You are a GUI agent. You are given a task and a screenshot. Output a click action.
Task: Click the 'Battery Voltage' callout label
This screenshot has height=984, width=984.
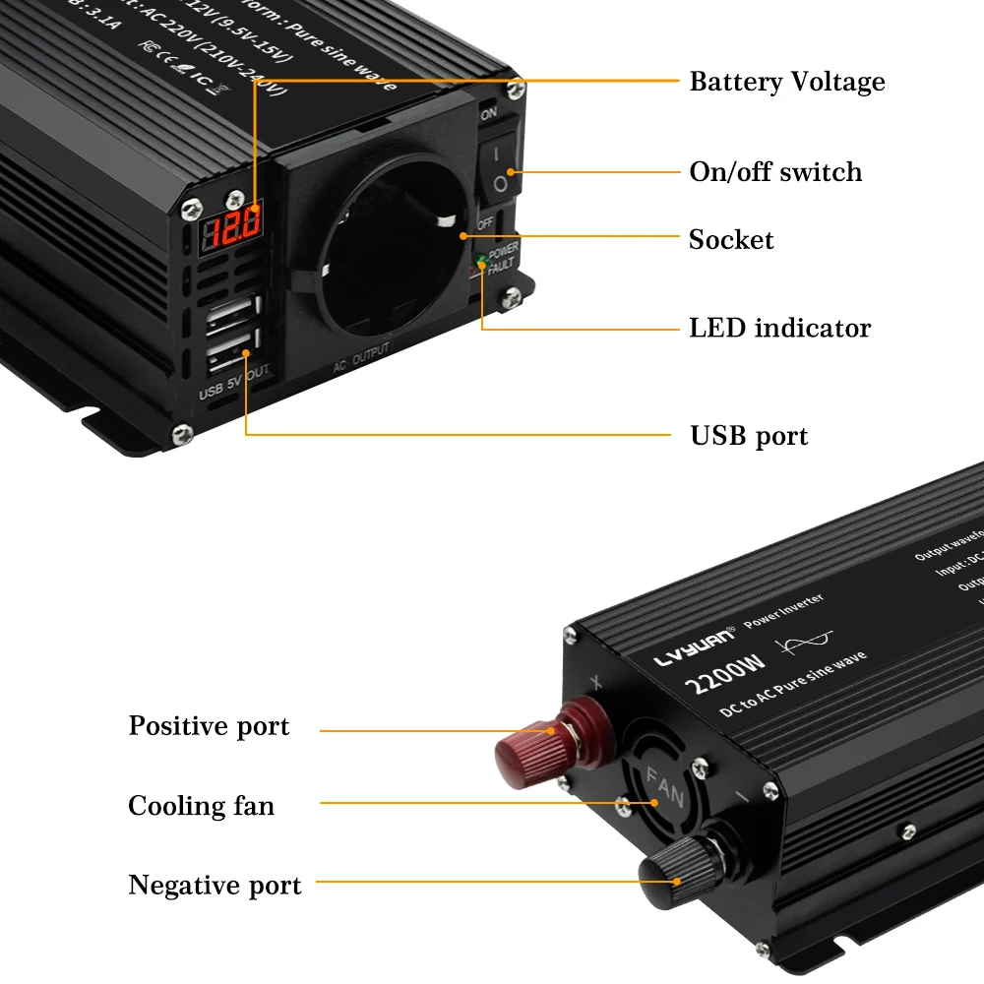(786, 82)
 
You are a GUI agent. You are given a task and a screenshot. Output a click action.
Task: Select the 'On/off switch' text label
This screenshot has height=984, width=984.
(775, 172)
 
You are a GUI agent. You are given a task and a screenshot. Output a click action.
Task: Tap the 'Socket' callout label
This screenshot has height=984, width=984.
(731, 240)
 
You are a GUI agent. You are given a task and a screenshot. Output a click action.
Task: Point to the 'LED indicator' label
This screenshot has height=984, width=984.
(779, 328)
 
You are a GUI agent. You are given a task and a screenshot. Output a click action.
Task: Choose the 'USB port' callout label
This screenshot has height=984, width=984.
(748, 436)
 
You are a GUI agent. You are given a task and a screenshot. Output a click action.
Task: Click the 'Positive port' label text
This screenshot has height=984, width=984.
(209, 727)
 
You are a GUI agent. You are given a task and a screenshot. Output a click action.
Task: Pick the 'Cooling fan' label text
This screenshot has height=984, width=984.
(201, 806)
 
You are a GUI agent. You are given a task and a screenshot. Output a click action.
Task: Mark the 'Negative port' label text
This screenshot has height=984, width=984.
(215, 885)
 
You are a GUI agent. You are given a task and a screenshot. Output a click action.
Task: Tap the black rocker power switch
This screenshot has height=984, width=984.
(499, 168)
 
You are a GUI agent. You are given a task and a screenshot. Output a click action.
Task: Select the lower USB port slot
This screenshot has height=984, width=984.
(231, 353)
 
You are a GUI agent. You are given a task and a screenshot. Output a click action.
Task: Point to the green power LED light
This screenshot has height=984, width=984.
(481, 259)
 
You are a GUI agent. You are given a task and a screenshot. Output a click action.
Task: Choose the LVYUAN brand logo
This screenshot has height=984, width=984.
(695, 645)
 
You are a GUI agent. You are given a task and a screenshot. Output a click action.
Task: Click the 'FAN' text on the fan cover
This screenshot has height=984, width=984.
(664, 787)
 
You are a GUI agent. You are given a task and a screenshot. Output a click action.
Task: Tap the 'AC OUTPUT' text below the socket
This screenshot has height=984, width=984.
(361, 358)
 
